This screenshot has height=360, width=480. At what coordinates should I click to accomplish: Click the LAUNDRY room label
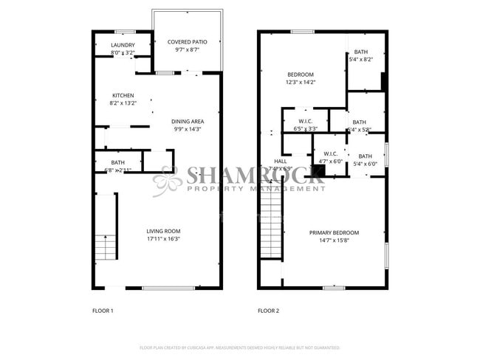[x=123, y=46]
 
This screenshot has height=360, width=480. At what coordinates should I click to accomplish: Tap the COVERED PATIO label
[x=186, y=42]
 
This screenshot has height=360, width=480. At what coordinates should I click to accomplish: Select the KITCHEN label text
[x=123, y=96]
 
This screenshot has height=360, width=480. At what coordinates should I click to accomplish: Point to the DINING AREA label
[x=188, y=122]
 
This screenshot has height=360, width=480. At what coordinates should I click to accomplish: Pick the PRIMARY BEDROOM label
[x=334, y=232]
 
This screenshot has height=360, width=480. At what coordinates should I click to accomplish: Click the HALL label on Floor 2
[x=281, y=161]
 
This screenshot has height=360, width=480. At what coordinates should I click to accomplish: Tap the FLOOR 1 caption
[x=102, y=311]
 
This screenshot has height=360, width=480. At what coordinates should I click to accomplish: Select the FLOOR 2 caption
[x=268, y=311]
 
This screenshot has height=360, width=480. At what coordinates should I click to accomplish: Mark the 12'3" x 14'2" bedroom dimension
[x=301, y=83]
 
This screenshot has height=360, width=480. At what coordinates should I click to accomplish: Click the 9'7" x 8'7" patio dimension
[x=186, y=50]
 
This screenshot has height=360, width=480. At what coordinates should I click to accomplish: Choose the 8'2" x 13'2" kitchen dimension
[x=123, y=104]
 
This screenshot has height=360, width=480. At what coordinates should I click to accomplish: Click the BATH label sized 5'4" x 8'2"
[x=360, y=52]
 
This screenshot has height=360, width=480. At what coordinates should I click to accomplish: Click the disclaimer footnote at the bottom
[x=240, y=347]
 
